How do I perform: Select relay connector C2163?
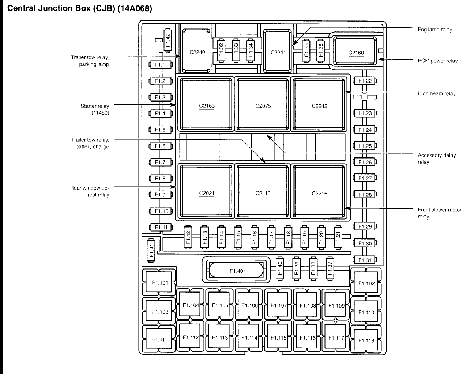tap(207, 106)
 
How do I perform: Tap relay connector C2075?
tap(263, 106)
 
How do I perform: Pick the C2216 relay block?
tap(319, 193)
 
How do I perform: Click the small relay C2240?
tap(197, 52)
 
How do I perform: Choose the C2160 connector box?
tap(355, 52)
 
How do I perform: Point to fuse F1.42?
tap(168, 40)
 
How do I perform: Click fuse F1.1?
tap(160, 65)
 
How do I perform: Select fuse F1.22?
tap(365, 81)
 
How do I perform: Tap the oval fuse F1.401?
tap(237, 271)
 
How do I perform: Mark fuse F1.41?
tap(151, 251)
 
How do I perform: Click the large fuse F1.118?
tap(366, 340)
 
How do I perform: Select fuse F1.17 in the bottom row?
tap(271, 237)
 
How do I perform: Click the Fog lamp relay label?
tap(434, 30)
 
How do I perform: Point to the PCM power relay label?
tap(437, 61)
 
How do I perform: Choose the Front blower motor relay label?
tap(439, 213)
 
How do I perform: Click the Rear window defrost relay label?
tap(90, 191)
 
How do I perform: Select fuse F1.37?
tap(330, 269)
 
